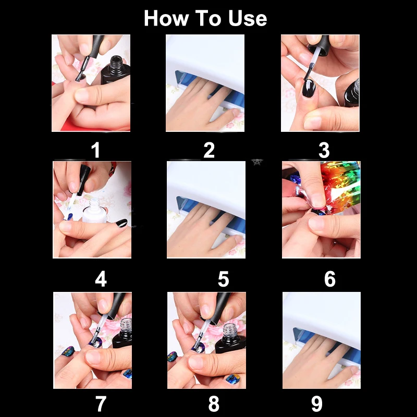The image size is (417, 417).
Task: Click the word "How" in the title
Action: coord(166,18)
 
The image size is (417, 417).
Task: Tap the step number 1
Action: coord(95,150)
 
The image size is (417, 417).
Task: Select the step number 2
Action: coord(209,150)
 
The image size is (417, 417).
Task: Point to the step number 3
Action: coord(324,150)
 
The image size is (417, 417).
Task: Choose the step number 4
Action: coord(101,279)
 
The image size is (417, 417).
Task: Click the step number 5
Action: coord(224,279)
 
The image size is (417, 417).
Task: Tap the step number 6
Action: coord(330,279)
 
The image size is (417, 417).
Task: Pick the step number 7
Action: coord(101,403)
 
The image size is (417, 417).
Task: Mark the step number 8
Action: coord(214,403)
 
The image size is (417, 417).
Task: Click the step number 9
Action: coord(317,403)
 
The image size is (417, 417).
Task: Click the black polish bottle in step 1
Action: coord(116,70)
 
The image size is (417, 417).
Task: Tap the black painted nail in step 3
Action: coord(309,88)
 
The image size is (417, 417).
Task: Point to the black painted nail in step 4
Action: coord(121,223)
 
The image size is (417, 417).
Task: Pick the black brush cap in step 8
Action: coord(220,306)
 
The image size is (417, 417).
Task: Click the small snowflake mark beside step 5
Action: coord(257,162)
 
